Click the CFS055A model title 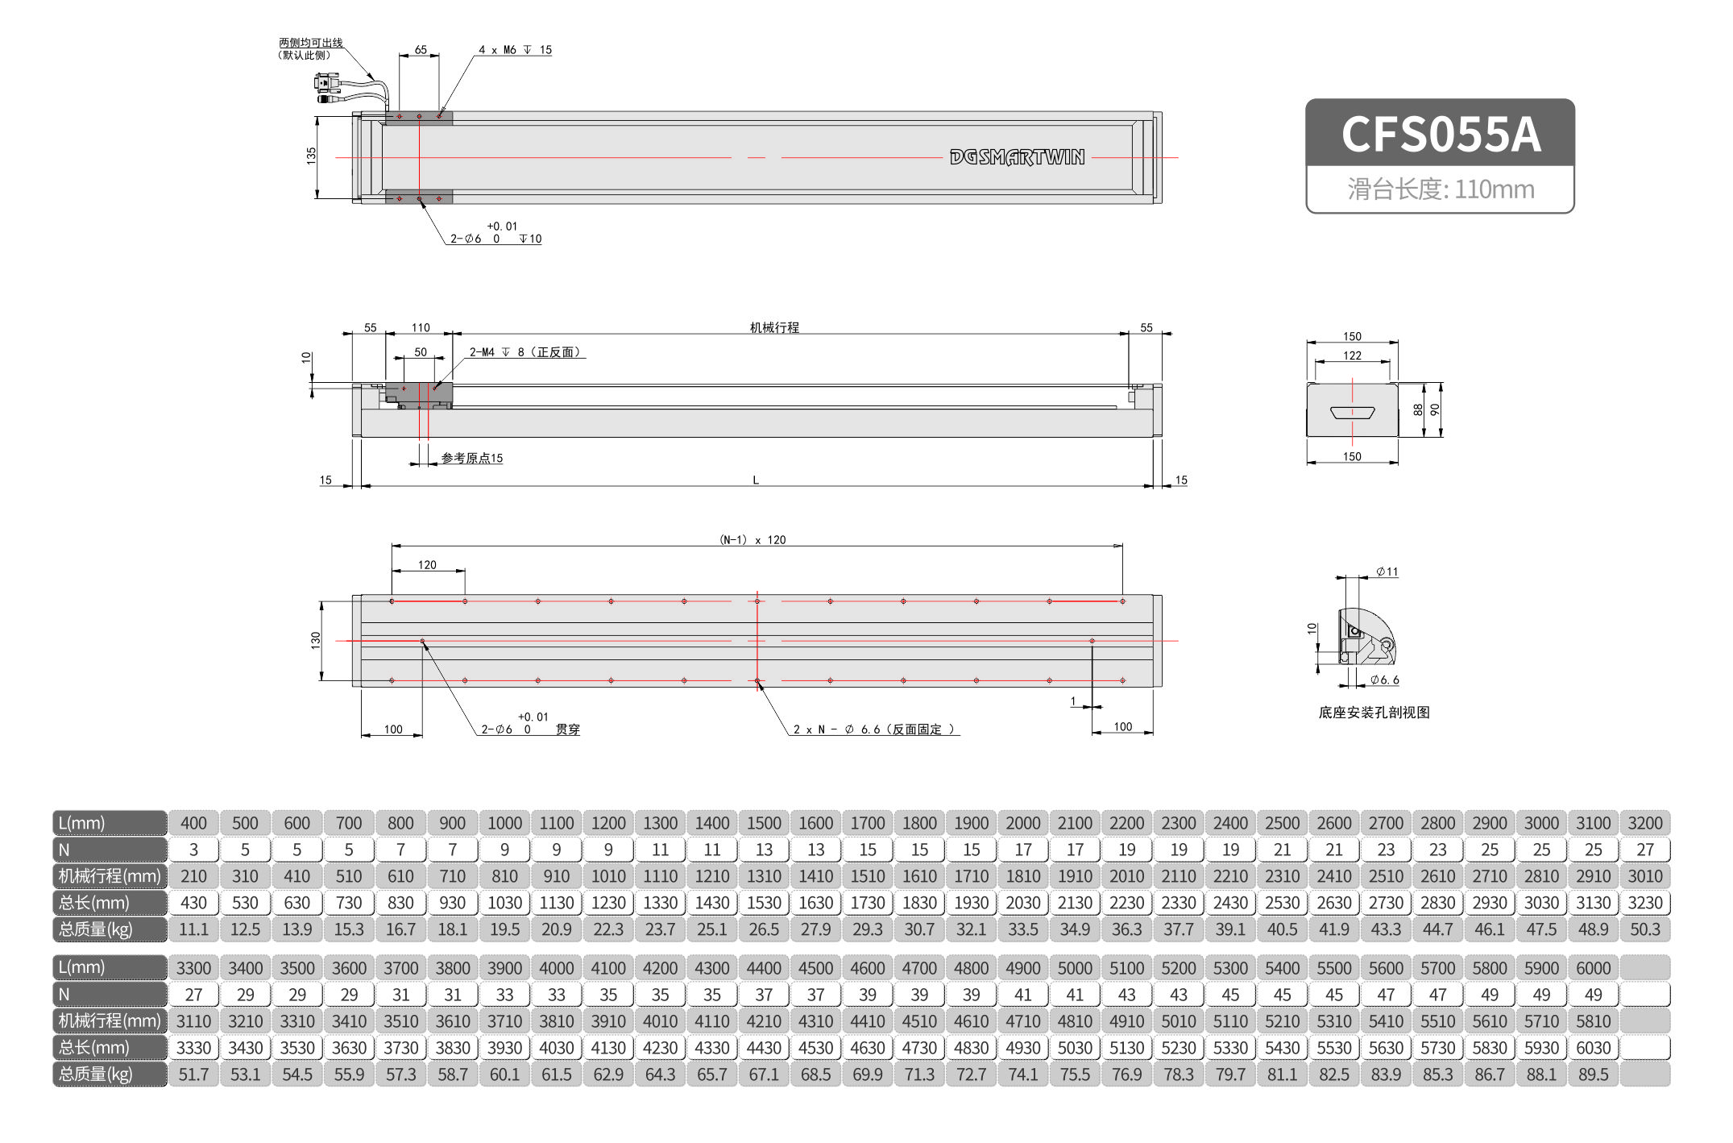click(1440, 134)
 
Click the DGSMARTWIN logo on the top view click(1017, 157)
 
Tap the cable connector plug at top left click(326, 83)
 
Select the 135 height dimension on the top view click(311, 156)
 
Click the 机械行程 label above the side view click(774, 327)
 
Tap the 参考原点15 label click(472, 459)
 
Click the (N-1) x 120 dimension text click(752, 540)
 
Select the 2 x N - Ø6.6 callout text click(874, 729)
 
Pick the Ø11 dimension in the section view click(1387, 571)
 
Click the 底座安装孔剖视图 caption click(1374, 713)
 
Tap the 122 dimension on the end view click(1352, 355)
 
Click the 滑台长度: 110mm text click(1440, 189)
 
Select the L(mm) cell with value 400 click(193, 823)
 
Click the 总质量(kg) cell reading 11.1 click(193, 929)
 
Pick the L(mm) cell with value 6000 click(1593, 968)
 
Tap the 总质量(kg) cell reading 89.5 click(1593, 1074)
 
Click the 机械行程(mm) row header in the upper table click(110, 876)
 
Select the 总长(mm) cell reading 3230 click(1644, 903)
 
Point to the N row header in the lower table click(110, 995)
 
